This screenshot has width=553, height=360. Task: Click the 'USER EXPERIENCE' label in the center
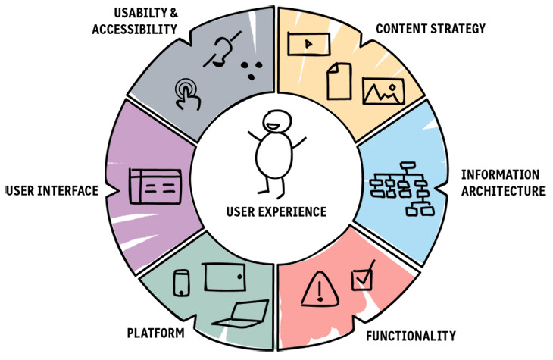coord(276,211)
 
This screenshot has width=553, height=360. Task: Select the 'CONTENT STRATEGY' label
coord(430,29)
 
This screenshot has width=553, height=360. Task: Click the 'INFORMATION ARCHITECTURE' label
coord(501,182)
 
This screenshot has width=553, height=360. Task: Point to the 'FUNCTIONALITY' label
coord(411,334)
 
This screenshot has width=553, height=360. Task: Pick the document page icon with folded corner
coord(338,80)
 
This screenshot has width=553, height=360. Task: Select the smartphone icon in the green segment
coord(182,283)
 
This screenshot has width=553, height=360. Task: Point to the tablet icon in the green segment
coord(225,276)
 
